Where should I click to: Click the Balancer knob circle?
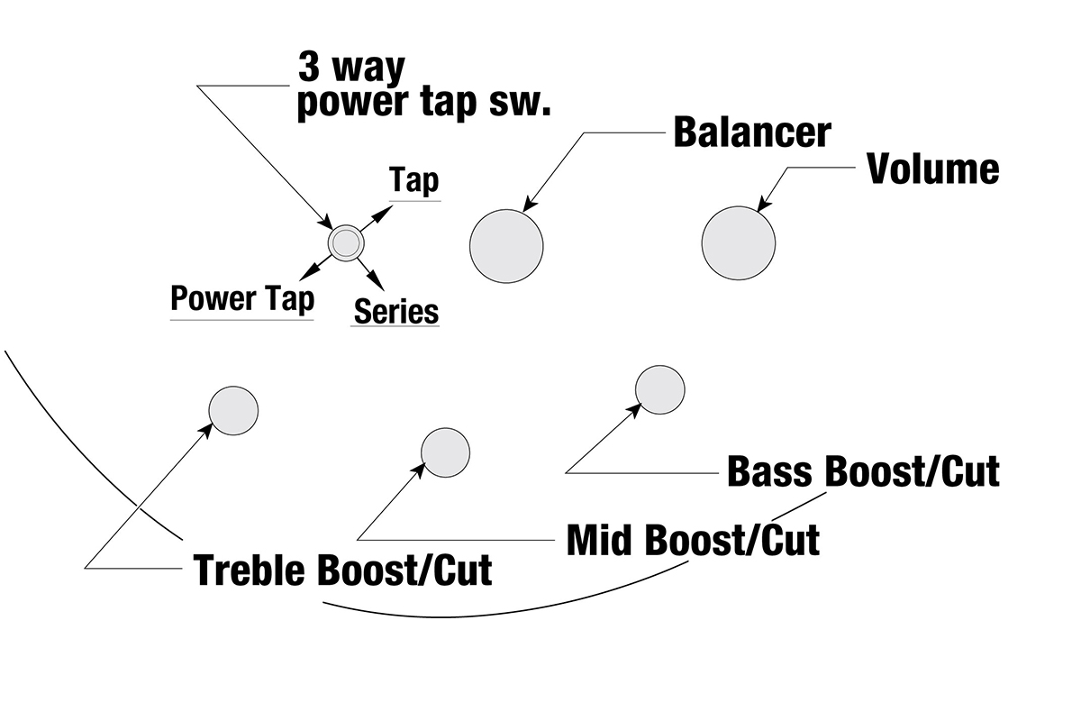pyautogui.click(x=506, y=245)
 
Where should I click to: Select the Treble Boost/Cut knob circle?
pyautogui.click(x=234, y=411)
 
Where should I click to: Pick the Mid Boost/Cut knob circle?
pyautogui.click(x=446, y=452)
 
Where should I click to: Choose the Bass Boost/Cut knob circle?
pyautogui.click(x=660, y=389)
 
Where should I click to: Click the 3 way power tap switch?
pyautogui.click(x=345, y=242)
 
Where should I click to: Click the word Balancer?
pyautogui.click(x=751, y=132)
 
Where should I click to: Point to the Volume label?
pyautogui.click(x=932, y=169)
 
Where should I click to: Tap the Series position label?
pyautogui.click(x=395, y=311)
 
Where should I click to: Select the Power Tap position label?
pyautogui.click(x=242, y=298)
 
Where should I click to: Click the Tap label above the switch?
pyautogui.click(x=414, y=180)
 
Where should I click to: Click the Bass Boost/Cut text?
pyautogui.click(x=863, y=471)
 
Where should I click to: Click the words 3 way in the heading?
pyautogui.click(x=352, y=68)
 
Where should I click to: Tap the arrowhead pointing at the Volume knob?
pyautogui.click(x=765, y=205)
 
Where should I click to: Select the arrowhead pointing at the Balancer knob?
pyautogui.click(x=530, y=206)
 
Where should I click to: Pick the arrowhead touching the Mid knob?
pyautogui.click(x=420, y=470)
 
